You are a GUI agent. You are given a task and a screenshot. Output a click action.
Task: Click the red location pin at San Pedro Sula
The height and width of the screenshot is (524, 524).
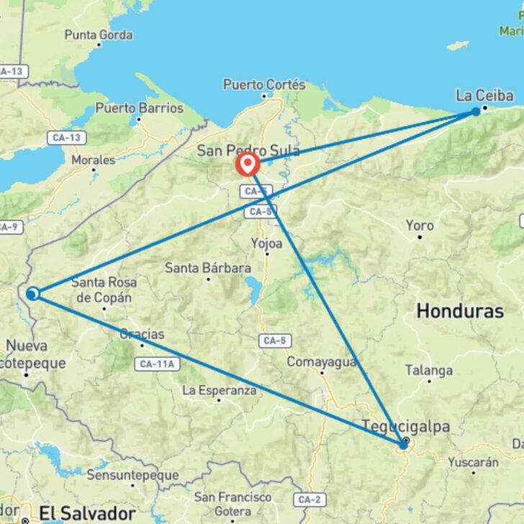point(248,164)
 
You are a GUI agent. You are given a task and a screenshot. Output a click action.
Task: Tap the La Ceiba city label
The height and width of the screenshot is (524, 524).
point(484,96)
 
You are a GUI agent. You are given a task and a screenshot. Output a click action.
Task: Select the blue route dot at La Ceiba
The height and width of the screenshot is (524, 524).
point(476,112)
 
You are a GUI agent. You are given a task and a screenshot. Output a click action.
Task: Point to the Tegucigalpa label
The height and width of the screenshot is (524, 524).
point(406,427)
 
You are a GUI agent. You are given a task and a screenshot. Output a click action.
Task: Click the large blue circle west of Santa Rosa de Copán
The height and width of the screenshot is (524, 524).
point(32,294)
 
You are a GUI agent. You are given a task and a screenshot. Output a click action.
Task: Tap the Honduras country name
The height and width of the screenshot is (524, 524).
point(460,311)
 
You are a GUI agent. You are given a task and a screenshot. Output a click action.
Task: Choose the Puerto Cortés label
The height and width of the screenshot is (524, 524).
point(264,85)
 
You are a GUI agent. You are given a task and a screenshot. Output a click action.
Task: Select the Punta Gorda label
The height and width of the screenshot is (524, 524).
point(99,35)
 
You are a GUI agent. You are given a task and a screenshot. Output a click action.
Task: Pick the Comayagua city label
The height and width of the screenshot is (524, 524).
point(322,362)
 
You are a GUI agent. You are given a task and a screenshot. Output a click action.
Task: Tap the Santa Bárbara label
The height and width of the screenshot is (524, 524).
point(208,268)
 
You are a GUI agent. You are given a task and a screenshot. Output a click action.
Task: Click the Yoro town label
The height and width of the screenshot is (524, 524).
point(420,226)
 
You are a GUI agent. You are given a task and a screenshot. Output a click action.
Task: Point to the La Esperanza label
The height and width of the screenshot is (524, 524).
point(220,390)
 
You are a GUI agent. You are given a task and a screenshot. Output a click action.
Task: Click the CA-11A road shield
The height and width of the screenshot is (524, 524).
point(155,364)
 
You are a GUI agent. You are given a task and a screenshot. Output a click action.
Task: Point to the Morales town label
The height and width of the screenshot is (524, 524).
point(93,160)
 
